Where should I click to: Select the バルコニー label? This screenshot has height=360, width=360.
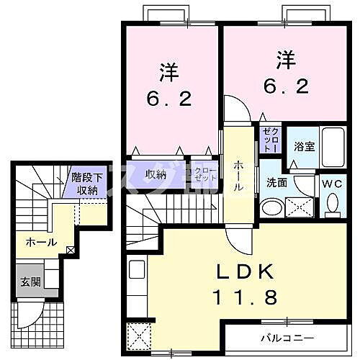[287, 336]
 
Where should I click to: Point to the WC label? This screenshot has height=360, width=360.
[332, 183]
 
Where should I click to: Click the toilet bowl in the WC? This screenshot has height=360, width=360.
[332, 204]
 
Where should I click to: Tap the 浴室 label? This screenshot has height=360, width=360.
[303, 146]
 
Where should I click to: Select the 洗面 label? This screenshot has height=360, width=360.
[276, 183]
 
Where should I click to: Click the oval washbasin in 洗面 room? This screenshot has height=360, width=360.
[271, 207]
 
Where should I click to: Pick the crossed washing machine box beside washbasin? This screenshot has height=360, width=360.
[300, 207]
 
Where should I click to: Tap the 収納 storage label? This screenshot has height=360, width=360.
[156, 174]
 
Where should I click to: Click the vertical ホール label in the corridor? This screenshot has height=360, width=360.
[237, 176]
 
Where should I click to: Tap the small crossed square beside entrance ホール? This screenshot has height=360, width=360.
[71, 250]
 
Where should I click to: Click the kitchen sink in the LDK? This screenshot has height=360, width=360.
[137, 273]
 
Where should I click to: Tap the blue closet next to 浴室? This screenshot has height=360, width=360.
[269, 138]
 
